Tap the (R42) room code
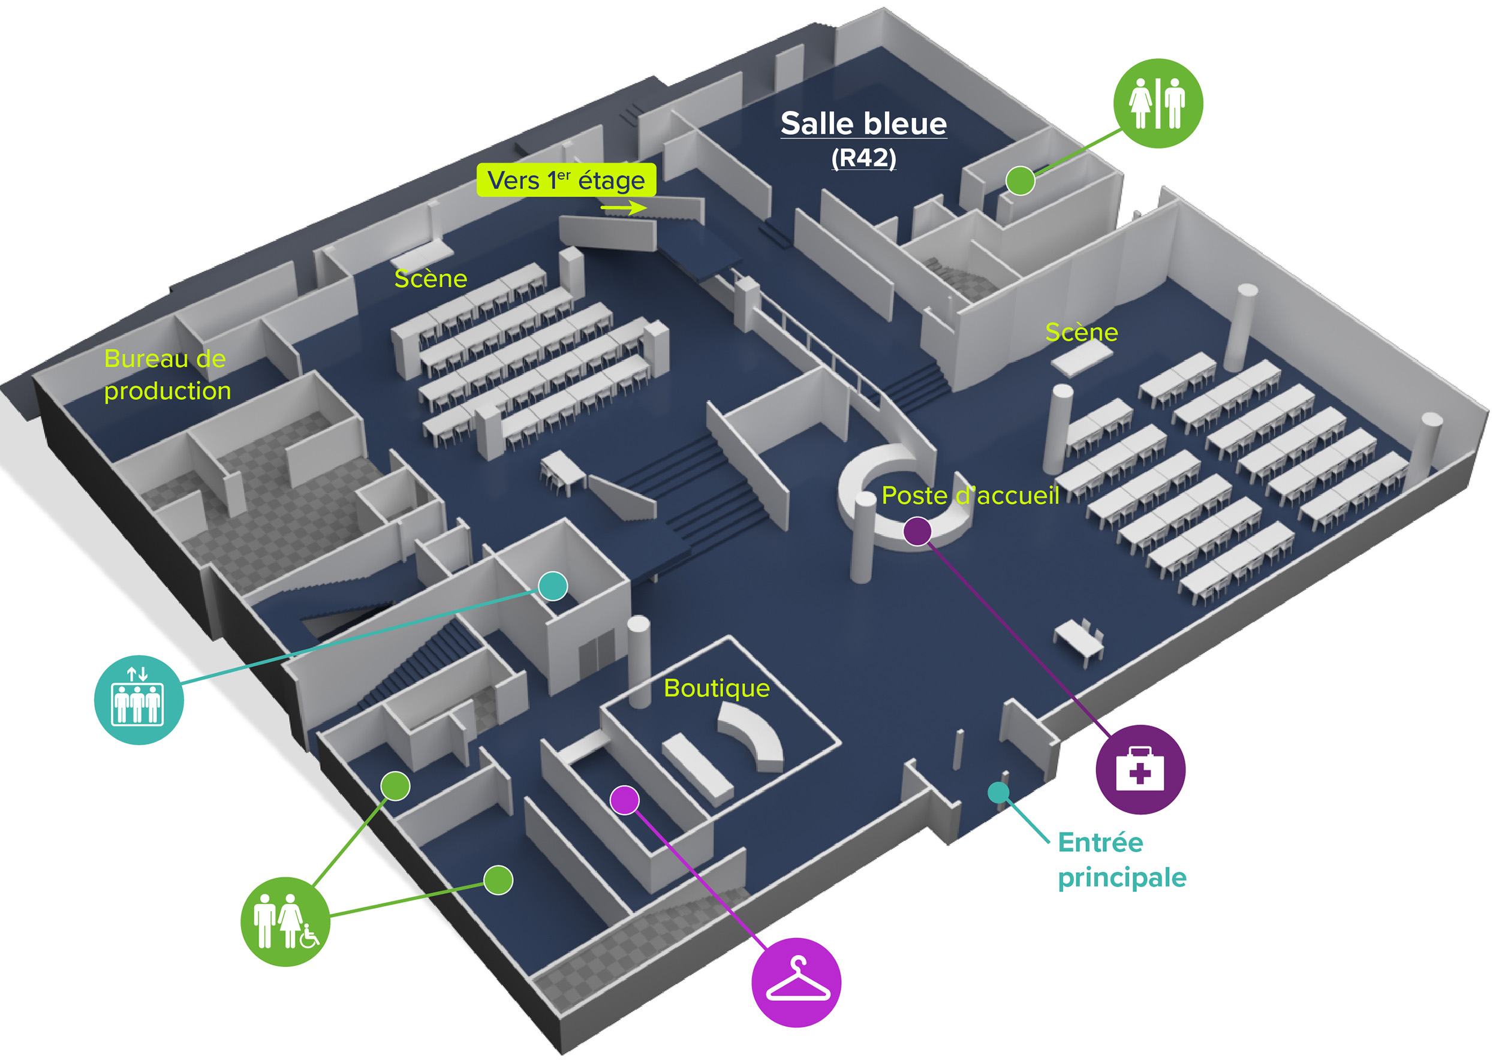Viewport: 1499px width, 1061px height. tap(863, 158)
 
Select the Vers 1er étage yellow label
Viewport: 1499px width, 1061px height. tap(566, 180)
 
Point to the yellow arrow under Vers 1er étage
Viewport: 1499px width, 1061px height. tap(624, 208)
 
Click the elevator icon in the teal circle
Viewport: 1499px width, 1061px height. tap(139, 700)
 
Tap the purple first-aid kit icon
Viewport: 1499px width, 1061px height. tap(1140, 769)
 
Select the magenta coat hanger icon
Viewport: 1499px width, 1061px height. tap(796, 982)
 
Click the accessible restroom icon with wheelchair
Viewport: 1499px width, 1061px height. tap(285, 921)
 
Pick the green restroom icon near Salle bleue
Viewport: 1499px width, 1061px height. tap(1157, 103)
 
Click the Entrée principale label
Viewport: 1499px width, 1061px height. tap(1121, 860)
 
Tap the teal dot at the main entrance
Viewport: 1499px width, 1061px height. tap(998, 792)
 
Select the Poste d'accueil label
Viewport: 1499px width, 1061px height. tap(970, 495)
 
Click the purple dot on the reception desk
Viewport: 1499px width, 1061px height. tap(917, 531)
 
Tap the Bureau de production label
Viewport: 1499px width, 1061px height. tap(167, 375)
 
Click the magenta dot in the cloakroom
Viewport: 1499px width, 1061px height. tap(625, 800)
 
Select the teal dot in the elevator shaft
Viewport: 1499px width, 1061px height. tap(553, 586)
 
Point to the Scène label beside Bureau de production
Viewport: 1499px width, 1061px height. tap(431, 279)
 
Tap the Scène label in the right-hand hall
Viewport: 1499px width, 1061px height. tap(1082, 332)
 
